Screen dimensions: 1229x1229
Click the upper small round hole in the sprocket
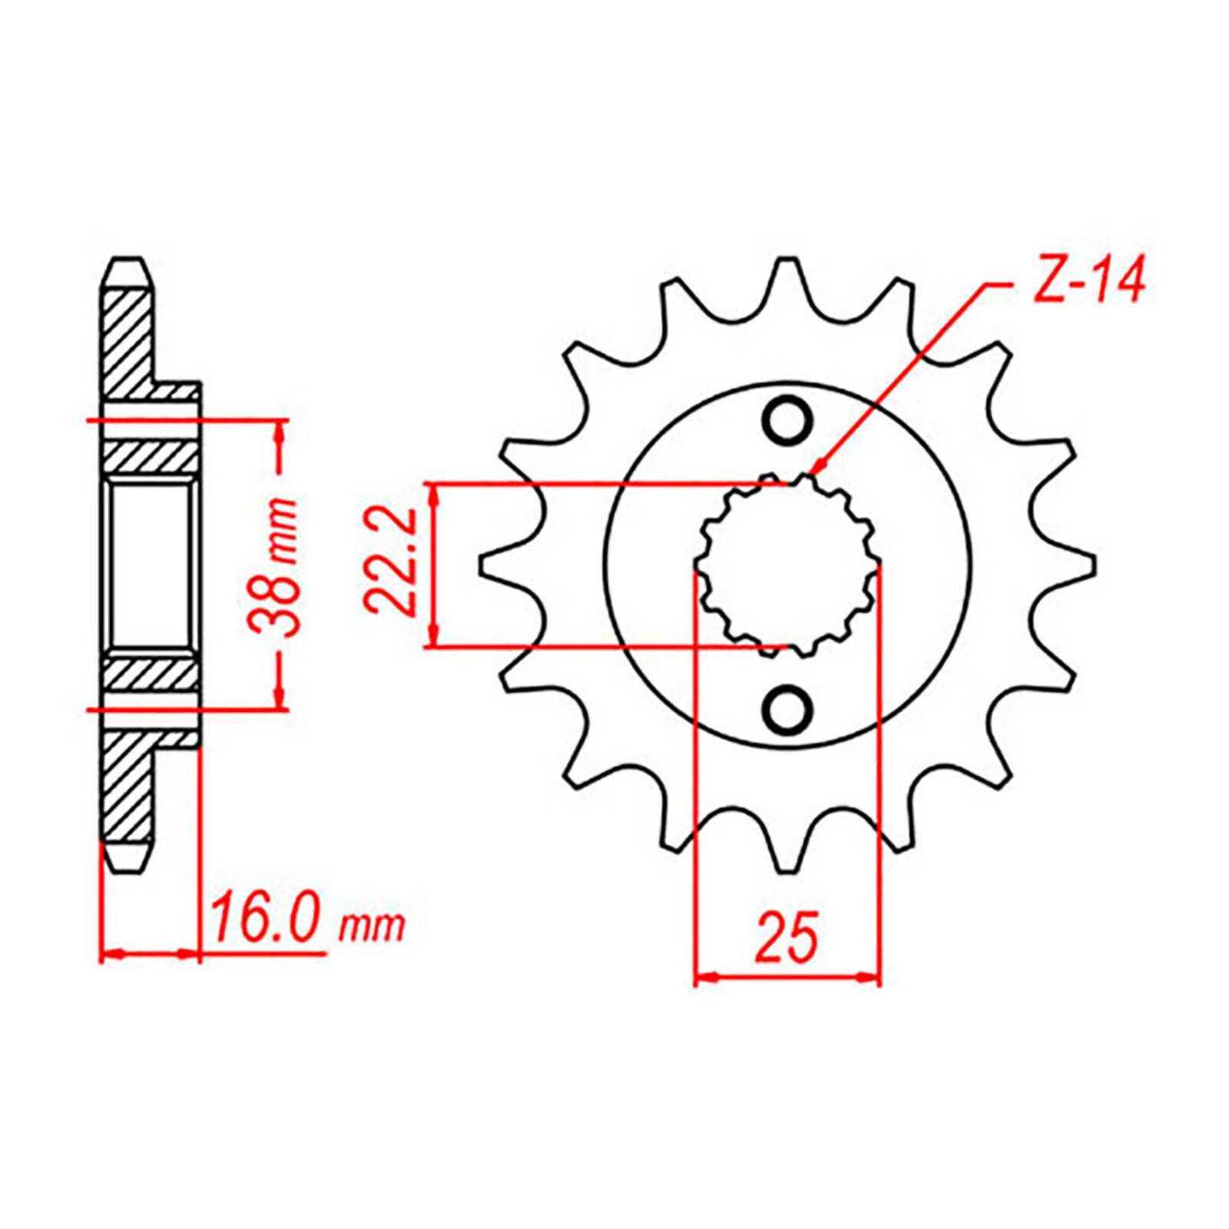coord(787,419)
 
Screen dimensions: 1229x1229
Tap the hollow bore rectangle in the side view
coord(150,565)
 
